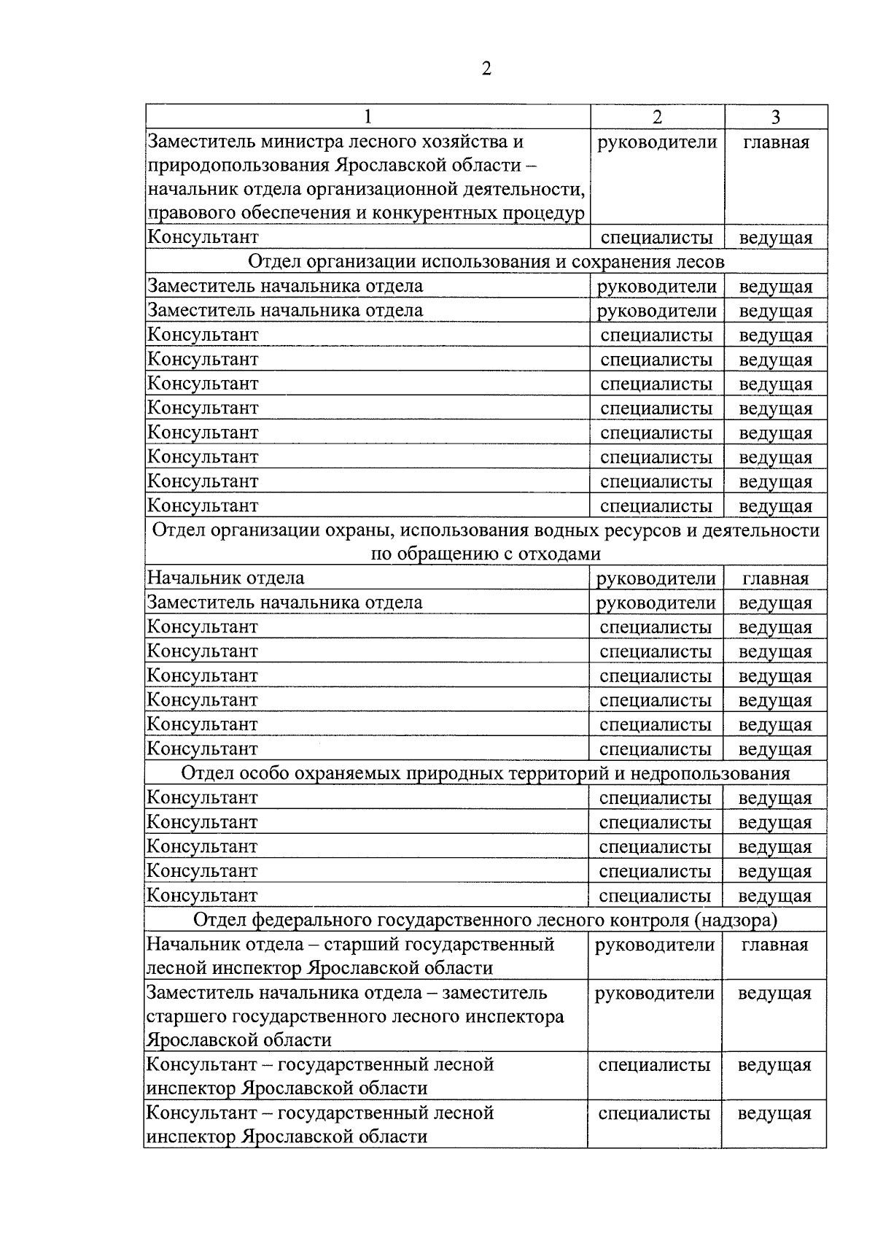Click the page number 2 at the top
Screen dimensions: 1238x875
coord(486,69)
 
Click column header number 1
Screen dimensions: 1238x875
coord(367,117)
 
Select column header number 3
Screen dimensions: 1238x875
coord(776,117)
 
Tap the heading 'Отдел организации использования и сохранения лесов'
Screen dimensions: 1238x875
coord(486,261)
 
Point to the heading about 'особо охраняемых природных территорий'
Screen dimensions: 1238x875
coord(485,773)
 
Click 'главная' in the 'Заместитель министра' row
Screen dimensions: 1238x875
coord(776,142)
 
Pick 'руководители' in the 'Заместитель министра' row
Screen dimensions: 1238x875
coord(657,142)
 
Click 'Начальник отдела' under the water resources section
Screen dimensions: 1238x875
coord(226,578)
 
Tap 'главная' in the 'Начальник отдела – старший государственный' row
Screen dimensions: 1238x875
coord(774,945)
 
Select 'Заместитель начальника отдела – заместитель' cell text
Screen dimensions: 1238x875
coord(347,993)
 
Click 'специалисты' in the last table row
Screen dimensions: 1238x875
coord(654,1113)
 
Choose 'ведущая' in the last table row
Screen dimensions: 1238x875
coord(774,1113)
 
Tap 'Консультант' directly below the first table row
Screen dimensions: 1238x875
coord(203,237)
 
